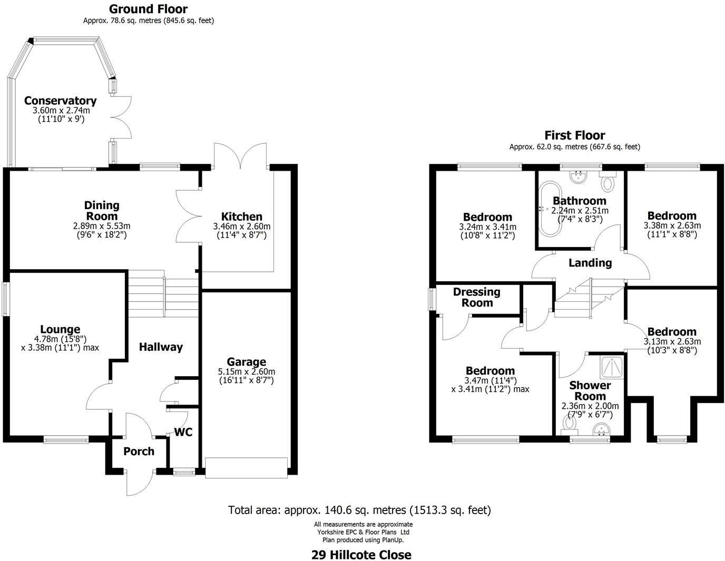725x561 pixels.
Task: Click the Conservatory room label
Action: click(x=60, y=101)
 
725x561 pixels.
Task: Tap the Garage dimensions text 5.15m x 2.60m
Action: click(x=246, y=371)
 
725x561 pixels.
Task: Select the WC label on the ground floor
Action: click(x=183, y=432)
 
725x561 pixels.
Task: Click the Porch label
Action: click(x=139, y=451)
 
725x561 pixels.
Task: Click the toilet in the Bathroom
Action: click(x=608, y=183)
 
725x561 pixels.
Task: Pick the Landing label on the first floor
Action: click(x=590, y=263)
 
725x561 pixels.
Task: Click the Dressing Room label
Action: click(x=476, y=297)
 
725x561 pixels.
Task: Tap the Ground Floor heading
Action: click(x=148, y=9)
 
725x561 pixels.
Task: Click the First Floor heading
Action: click(x=574, y=135)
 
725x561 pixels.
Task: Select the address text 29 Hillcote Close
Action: click(x=361, y=555)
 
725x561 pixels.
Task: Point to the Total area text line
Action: click(x=359, y=510)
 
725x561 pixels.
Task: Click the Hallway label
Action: click(x=161, y=347)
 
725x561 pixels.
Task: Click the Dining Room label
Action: click(x=102, y=211)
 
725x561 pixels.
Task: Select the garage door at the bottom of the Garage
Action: click(x=247, y=468)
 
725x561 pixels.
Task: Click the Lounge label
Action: click(x=60, y=330)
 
